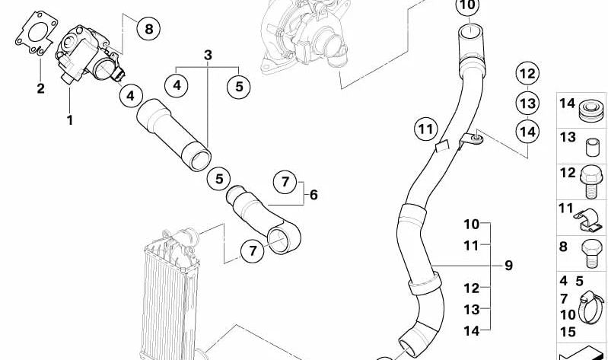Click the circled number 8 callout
pyautogui.click(x=148, y=28)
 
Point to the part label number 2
pyautogui.click(x=41, y=88)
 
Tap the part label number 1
pyautogui.click(x=70, y=120)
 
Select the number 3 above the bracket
pyautogui.click(x=208, y=55)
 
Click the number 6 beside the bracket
pyautogui.click(x=314, y=195)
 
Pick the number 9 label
pyautogui.click(x=509, y=266)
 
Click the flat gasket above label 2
pyautogui.click(x=37, y=33)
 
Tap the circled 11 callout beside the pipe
pyautogui.click(x=426, y=129)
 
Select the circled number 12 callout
pyautogui.click(x=527, y=73)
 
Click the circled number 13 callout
pyautogui.click(x=527, y=103)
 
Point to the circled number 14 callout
pyautogui.click(x=527, y=132)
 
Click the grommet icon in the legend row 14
pyautogui.click(x=591, y=110)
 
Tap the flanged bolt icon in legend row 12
pyautogui.click(x=590, y=183)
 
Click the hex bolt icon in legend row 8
pyautogui.click(x=591, y=253)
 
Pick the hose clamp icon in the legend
pyautogui.click(x=590, y=307)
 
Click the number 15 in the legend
pyautogui.click(x=568, y=332)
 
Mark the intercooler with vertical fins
pyautogui.click(x=170, y=295)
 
